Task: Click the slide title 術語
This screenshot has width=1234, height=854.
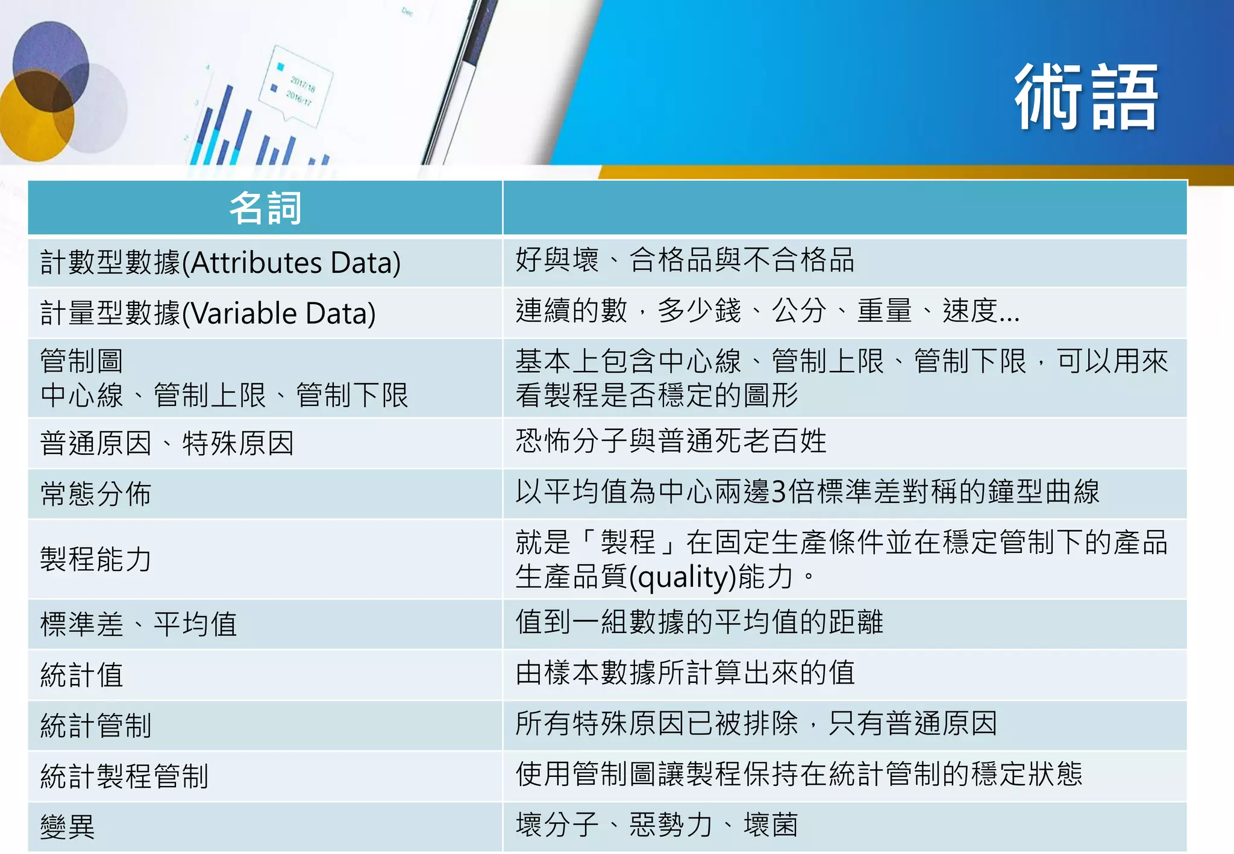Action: point(1086,98)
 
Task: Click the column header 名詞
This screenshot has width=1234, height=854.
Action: point(265,208)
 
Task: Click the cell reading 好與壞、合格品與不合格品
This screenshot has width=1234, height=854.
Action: point(684,261)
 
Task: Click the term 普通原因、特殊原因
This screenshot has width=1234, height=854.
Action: point(167,444)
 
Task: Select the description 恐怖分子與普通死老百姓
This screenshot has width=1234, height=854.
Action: point(671,441)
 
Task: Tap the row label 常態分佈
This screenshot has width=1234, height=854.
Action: point(96,494)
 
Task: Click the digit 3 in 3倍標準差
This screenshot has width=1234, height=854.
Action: point(778,492)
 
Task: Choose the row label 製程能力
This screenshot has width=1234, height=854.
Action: point(96,559)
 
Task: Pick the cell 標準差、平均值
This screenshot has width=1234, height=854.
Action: point(139,625)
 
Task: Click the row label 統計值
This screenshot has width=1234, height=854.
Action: point(82,675)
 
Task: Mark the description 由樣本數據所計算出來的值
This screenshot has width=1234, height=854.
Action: point(684,673)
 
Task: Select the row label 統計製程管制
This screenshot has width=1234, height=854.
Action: point(124,776)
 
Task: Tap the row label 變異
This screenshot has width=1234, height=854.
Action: point(67,827)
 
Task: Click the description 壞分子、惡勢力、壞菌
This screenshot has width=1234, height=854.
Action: point(657,825)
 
